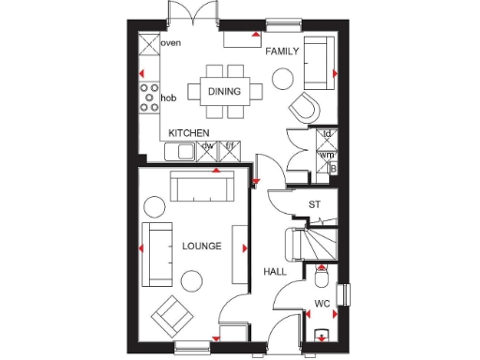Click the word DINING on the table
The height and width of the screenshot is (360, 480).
click(x=225, y=91)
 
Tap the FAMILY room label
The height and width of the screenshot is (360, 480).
click(x=281, y=51)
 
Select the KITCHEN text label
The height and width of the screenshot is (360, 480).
click(x=188, y=134)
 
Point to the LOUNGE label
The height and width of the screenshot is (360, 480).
click(x=202, y=246)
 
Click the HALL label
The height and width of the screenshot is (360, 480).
click(x=275, y=271)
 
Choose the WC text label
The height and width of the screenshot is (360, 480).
click(x=322, y=303)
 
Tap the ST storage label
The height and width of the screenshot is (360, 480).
click(x=315, y=203)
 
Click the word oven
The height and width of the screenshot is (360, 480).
click(x=171, y=43)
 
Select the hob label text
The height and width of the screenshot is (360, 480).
click(x=169, y=97)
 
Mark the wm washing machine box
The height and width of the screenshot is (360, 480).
click(x=327, y=154)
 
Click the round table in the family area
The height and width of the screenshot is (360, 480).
click(x=282, y=81)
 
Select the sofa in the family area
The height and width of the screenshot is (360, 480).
click(x=316, y=60)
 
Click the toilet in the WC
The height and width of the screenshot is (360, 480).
click(x=322, y=278)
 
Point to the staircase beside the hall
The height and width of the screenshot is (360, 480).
click(x=314, y=245)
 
